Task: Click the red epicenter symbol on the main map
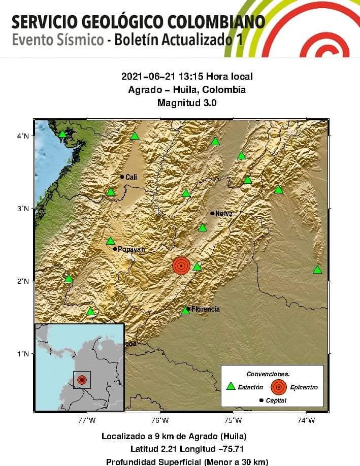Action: pyautogui.click(x=181, y=265)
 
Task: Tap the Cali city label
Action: pyautogui.click(x=131, y=177)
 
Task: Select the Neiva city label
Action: pyautogui.click(x=223, y=214)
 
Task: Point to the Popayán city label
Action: pyautogui.click(x=132, y=249)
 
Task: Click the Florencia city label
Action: pyautogui.click(x=205, y=309)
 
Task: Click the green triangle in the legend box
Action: pyautogui.click(x=231, y=386)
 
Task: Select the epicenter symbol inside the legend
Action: pyautogui.click(x=278, y=387)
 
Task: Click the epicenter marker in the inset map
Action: pyautogui.click(x=82, y=380)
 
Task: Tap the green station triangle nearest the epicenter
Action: pyautogui.click(x=197, y=267)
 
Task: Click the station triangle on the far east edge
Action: pyautogui.click(x=317, y=270)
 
